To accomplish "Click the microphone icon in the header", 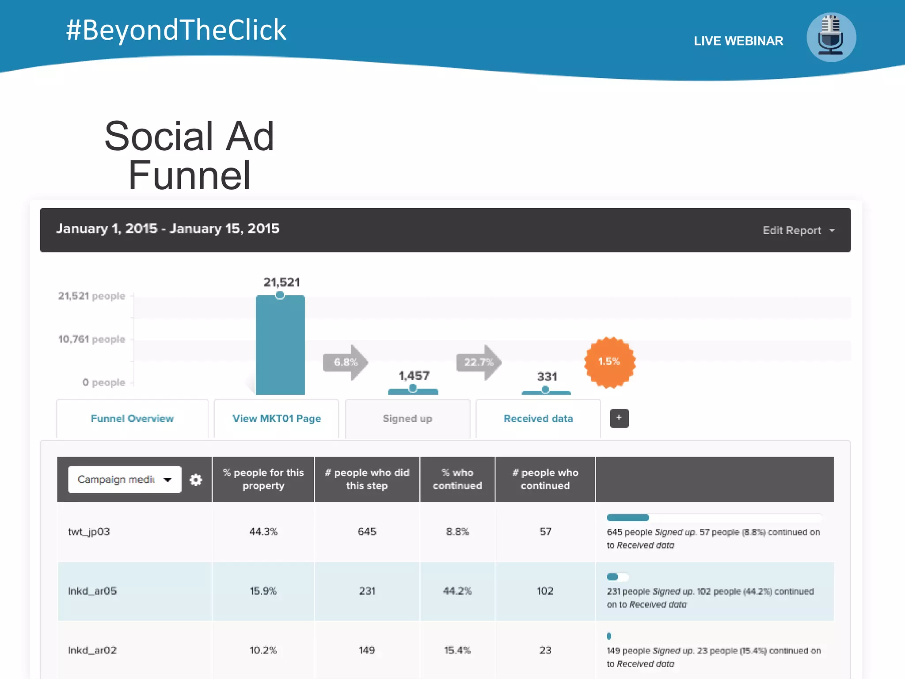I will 831,37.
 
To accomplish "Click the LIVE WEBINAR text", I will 738,41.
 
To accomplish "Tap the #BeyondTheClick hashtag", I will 176,30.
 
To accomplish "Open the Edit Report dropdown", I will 798,230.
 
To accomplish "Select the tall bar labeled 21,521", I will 280,345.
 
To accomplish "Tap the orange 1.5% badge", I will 609,362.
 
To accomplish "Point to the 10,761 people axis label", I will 92,339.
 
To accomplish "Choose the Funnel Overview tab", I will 132,418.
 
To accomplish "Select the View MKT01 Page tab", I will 277,418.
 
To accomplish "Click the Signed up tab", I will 407,418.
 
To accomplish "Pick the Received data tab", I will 538,418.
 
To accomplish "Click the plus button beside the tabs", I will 619,418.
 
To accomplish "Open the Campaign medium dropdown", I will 125,479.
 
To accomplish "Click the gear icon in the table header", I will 196,480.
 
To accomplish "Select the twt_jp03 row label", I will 89,531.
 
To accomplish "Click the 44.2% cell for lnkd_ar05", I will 457,591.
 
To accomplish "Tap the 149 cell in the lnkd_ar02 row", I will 367,650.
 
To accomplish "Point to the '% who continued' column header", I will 457,479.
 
